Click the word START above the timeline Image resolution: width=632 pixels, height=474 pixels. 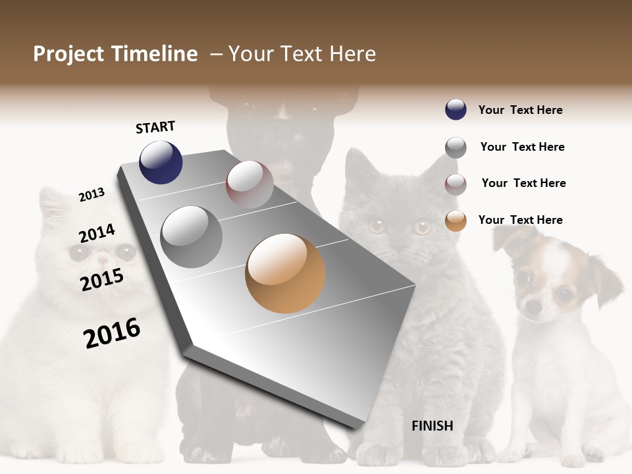click(155, 127)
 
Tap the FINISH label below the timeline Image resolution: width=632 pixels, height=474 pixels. click(433, 426)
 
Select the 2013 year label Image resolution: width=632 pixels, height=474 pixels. click(92, 195)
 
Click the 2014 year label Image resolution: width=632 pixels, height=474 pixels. click(97, 233)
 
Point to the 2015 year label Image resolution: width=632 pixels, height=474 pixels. click(102, 280)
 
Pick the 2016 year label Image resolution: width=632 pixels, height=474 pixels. click(112, 333)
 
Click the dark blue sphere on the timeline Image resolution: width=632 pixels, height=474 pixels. click(161, 162)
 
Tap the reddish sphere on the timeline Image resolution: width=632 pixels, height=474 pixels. click(250, 184)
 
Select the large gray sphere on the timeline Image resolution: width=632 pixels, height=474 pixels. click(192, 236)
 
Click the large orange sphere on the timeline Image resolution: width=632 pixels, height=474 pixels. click(285, 273)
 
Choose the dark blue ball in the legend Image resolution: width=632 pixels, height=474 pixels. click(456, 109)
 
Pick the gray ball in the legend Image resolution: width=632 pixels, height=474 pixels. click(456, 147)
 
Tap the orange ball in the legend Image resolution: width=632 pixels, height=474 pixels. click(456, 221)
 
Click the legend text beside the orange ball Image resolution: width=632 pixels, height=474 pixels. click(520, 220)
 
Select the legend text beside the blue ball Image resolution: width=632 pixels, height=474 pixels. click(520, 110)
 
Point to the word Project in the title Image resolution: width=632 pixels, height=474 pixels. click(68, 54)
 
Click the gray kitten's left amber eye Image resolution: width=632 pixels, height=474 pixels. click(377, 227)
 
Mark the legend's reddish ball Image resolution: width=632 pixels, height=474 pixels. click(456, 184)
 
